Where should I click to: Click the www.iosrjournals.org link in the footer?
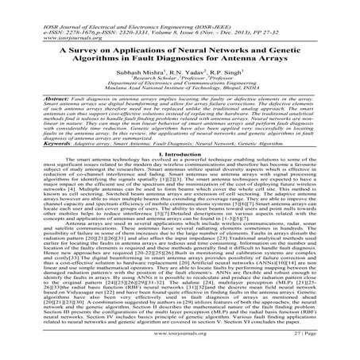(x=180, y=347)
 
